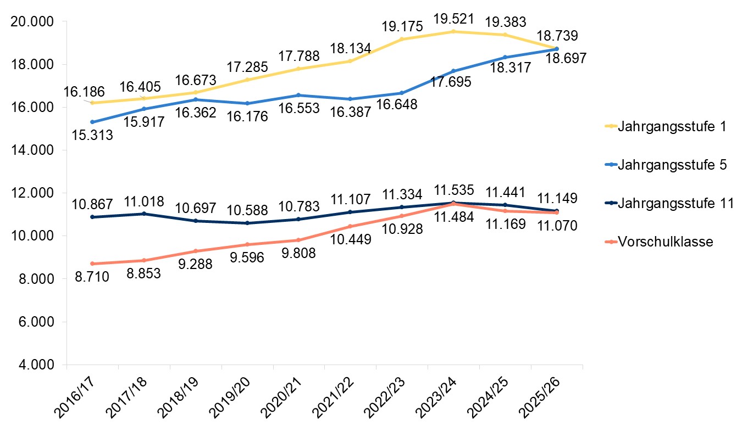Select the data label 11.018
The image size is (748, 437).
click(145, 201)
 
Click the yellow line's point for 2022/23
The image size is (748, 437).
click(402, 39)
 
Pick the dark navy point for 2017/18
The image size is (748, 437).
click(143, 214)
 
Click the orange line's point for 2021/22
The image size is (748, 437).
click(350, 226)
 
